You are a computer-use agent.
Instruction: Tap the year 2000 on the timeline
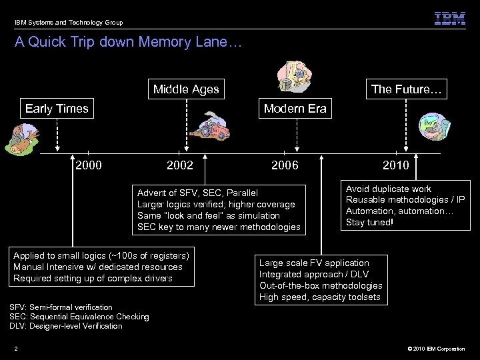pos(89,165)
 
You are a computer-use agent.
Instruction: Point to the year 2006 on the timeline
pos(285,165)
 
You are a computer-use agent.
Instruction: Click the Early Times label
pos(57,109)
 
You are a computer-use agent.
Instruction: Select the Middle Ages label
pos(186,89)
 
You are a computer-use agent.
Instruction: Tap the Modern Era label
pos(295,109)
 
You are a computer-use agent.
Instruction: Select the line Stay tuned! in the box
pos(369,222)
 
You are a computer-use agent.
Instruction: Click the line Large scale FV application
pos(314,263)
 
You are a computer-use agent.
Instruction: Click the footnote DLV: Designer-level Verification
pos(66,325)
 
